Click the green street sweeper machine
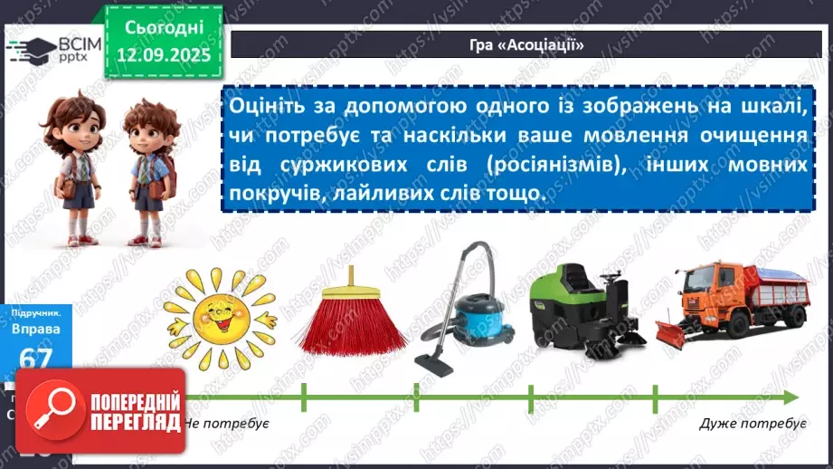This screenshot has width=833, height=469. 580,308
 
